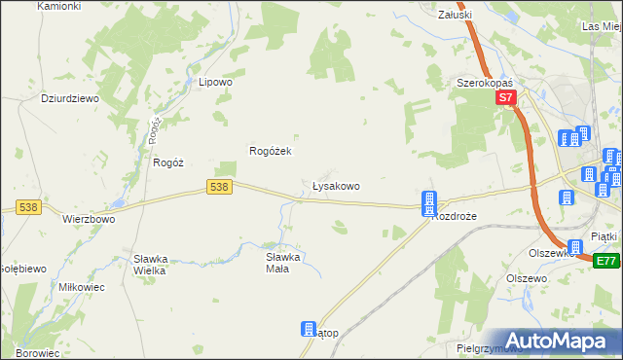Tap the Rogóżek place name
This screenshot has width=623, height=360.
pos(272,151)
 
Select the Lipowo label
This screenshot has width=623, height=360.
pos(215,83)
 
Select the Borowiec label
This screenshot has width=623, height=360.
pos(34,353)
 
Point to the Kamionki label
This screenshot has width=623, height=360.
pos(57,6)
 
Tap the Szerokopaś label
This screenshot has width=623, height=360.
pos(486,84)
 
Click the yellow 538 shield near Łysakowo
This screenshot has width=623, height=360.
pos(220,186)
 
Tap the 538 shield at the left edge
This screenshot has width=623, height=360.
pos(28,206)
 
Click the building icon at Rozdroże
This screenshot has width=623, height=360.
pos(429,202)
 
